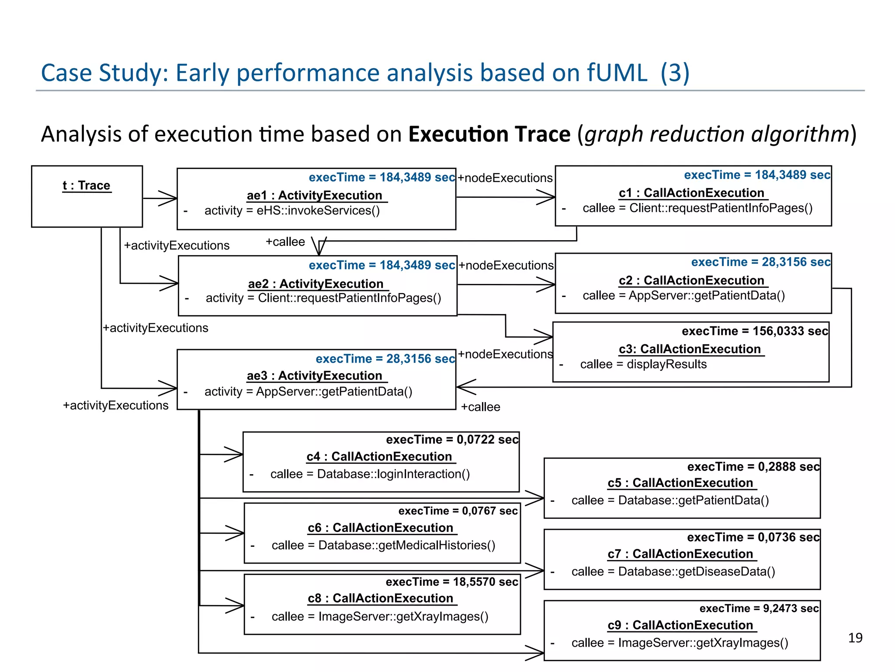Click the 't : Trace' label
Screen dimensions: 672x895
coord(87,185)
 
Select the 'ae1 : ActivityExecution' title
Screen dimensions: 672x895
coord(315,195)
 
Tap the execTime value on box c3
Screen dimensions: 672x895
coord(755,331)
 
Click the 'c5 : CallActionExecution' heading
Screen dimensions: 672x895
coord(680,483)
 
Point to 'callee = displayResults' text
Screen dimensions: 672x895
coord(643,364)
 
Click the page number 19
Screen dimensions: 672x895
coord(855,638)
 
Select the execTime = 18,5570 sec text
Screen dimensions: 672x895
coord(452,582)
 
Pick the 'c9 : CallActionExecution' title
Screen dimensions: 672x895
coord(680,625)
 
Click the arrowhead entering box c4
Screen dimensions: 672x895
coord(234,455)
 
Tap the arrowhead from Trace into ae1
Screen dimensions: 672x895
coord(169,198)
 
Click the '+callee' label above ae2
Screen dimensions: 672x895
coord(285,242)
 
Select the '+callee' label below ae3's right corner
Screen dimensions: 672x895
coord(480,407)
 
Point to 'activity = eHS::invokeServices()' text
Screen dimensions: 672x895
coord(292,211)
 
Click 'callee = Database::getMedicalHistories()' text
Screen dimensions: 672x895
coord(383,545)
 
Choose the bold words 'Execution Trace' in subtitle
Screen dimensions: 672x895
coord(489,134)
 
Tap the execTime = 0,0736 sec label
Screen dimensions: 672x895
coord(753,537)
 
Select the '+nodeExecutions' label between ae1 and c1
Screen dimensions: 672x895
coord(505,178)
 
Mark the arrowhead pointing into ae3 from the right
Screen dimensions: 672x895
coord(465,387)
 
